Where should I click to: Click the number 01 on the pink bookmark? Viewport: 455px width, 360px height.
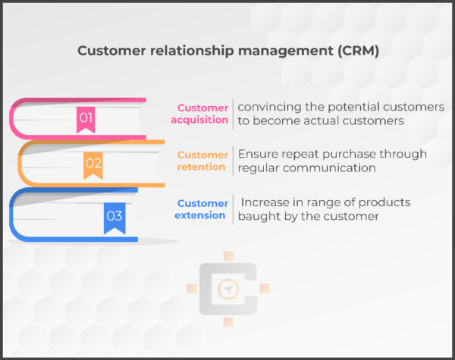86,117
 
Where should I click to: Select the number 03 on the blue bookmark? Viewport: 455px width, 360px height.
115,216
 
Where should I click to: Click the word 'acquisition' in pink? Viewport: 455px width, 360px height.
202,120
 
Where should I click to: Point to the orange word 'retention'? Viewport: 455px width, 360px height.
203,167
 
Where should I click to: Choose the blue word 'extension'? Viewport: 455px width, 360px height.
202,215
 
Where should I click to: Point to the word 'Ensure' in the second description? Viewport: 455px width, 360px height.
257,154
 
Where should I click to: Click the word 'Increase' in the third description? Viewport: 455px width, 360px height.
267,202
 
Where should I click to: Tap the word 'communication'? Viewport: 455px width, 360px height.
334,167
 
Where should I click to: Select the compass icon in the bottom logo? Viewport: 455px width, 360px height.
227,289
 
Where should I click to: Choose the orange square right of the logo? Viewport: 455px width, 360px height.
265,289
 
